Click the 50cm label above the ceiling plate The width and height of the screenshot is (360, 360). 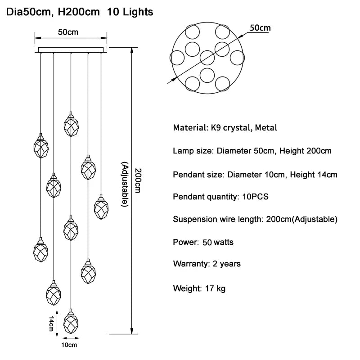[68, 32]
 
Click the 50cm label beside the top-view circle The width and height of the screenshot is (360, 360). [260, 28]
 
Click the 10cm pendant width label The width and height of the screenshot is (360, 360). [69, 345]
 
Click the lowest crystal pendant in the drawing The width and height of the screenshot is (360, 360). [71, 321]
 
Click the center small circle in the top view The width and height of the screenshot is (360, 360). [207, 58]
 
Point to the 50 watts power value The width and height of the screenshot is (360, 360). [218, 243]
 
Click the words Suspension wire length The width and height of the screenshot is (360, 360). [216, 220]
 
